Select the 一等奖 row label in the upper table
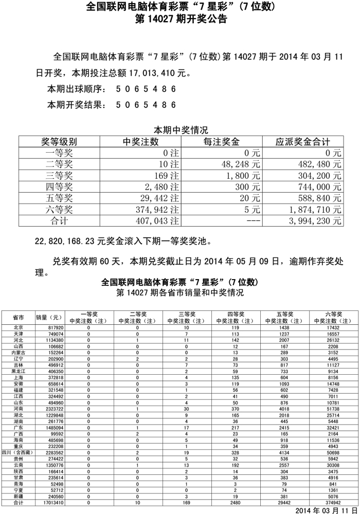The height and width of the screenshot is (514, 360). pos(59,153)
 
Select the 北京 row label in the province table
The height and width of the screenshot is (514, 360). pos(18,327)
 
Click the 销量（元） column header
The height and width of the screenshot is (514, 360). pos(49,317)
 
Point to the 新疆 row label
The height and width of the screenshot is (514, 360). pos(18,497)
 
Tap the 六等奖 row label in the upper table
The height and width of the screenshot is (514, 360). pos(59,209)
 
